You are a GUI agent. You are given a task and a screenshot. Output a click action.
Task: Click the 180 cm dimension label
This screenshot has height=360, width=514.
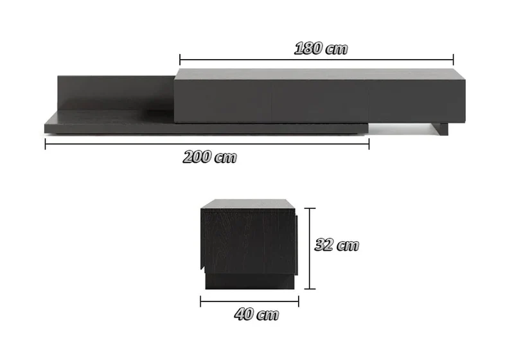(321, 48)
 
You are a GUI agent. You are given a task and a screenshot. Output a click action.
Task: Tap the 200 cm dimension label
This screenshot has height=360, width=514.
(210, 157)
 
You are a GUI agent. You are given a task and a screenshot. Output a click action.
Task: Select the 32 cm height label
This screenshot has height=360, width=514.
(337, 245)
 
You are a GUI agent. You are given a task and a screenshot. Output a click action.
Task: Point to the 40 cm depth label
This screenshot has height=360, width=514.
(256, 314)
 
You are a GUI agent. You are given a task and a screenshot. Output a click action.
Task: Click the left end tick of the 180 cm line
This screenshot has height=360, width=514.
(180, 60)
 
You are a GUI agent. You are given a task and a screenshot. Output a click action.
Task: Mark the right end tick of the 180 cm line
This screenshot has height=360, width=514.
(454, 60)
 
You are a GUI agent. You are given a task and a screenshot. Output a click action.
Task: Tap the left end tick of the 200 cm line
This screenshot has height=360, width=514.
(45, 144)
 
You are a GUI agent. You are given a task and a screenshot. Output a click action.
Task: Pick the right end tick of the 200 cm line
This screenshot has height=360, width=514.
(369, 144)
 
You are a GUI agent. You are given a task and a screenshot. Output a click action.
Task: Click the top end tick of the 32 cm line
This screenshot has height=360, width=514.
(310, 208)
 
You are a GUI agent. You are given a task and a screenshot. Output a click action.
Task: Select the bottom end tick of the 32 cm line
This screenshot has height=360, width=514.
(310, 289)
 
